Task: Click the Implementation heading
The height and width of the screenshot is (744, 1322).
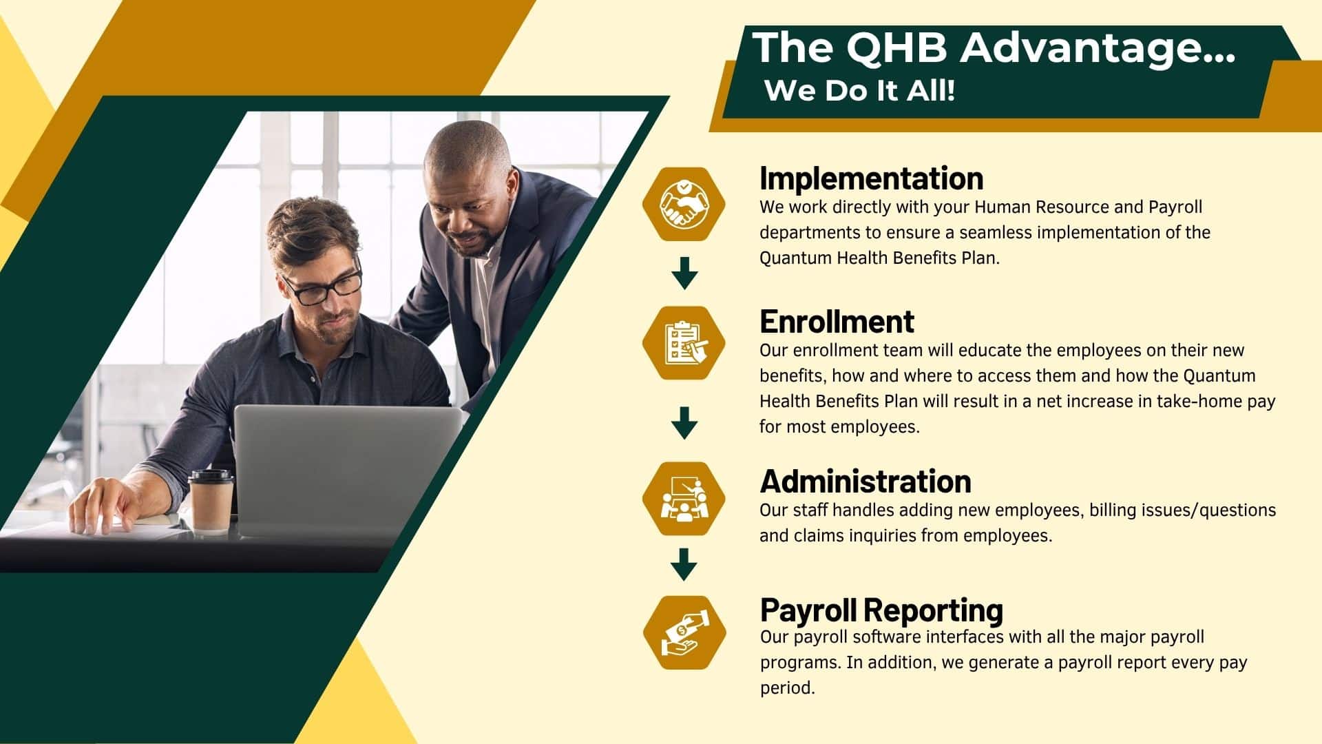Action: point(871,178)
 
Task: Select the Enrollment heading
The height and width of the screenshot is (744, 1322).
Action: point(837,322)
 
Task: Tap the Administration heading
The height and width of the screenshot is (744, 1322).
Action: point(865,482)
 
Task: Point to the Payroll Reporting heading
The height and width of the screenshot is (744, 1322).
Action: point(881,610)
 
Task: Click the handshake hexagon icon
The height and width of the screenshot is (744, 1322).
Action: point(684,204)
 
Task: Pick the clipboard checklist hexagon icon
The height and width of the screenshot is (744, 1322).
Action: point(684,343)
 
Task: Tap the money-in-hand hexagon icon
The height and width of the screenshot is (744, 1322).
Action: point(684,632)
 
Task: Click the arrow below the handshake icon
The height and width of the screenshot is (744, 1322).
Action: point(684,273)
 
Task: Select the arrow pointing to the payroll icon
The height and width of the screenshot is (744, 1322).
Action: point(684,564)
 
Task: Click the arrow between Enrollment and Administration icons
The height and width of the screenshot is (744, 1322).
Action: point(684,422)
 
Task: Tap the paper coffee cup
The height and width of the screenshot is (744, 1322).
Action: point(211,501)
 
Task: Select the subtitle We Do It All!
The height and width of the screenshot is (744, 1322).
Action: point(860,90)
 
